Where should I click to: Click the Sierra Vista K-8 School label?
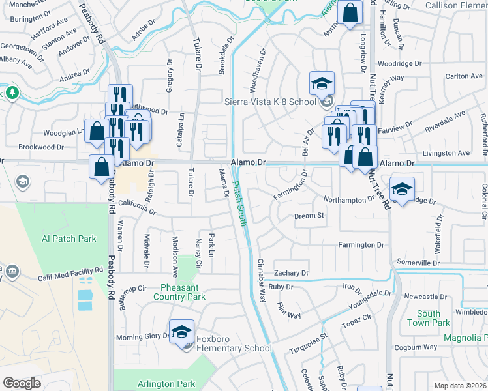pos(270,102)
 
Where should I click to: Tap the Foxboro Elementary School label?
pos(235,348)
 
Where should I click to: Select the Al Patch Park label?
pos(69,239)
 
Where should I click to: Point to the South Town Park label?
pos(429,318)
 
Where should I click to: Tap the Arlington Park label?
pos(166,384)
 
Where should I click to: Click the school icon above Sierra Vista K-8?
pos(322,83)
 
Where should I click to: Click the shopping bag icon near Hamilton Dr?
pos(350,13)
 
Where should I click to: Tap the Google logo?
pos(22,383)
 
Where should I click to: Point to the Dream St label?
pos(309,216)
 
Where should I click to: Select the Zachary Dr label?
pos(290,272)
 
